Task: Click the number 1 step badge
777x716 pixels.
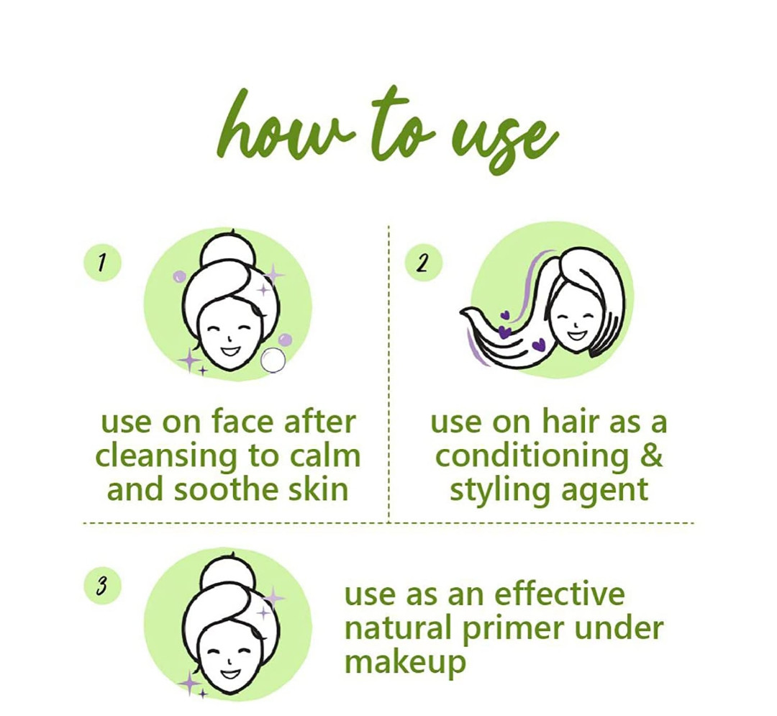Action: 103,263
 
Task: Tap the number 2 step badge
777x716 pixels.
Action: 424,263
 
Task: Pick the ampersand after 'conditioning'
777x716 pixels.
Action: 651,456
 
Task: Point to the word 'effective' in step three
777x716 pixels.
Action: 560,594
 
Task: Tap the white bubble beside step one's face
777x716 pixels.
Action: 273,361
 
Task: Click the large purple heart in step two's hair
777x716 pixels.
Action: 537,344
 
